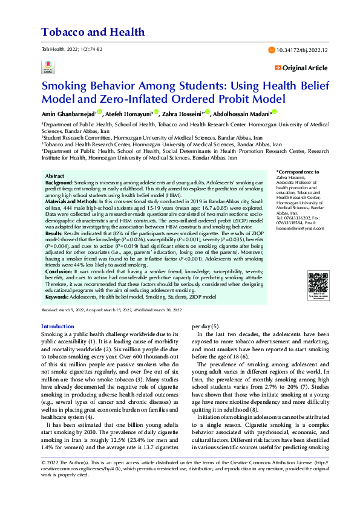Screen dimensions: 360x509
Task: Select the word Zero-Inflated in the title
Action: (x=132, y=98)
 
